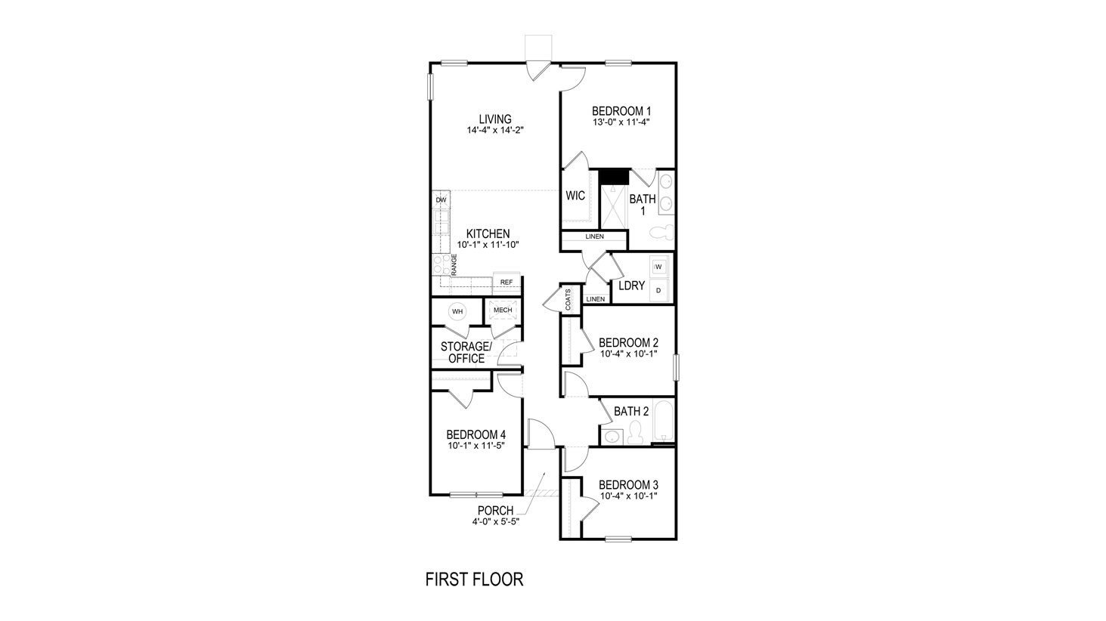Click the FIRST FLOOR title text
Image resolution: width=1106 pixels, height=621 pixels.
tap(474, 579)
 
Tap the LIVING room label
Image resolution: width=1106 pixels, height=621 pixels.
tap(495, 119)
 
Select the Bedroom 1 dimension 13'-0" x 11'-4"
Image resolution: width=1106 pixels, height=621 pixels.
tap(621, 121)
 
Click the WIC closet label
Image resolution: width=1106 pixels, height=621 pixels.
tap(575, 196)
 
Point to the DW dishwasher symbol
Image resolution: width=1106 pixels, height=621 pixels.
tap(441, 199)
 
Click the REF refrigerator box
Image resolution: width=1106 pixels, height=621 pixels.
tap(506, 283)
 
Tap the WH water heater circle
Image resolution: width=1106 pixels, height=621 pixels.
tap(457, 310)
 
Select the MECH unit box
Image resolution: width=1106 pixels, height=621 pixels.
tap(502, 310)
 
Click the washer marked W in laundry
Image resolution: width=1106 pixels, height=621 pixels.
tap(658, 267)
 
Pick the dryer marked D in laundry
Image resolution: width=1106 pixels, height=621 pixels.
tap(658, 290)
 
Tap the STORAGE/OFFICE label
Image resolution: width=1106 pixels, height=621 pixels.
tap(466, 352)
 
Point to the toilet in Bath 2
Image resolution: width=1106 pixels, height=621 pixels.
tap(635, 432)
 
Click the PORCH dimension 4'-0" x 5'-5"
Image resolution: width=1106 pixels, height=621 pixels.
tap(495, 521)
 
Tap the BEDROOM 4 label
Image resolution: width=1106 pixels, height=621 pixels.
tap(476, 434)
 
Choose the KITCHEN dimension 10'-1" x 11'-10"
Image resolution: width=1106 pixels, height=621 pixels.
tap(487, 245)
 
